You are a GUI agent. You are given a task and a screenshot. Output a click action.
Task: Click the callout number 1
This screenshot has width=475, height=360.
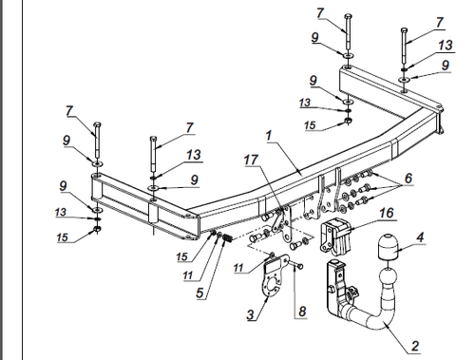(x=269, y=136)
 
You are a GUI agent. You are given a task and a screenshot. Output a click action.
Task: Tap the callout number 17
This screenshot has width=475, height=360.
(x=251, y=160)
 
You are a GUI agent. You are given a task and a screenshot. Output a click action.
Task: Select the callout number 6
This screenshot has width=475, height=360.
(x=408, y=179)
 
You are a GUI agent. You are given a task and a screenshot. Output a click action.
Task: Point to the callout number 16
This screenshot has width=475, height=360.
(x=387, y=213)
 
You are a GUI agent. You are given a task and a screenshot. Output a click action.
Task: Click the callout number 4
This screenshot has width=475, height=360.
(x=420, y=237)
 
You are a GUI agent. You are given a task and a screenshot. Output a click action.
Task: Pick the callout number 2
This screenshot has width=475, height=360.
(x=415, y=346)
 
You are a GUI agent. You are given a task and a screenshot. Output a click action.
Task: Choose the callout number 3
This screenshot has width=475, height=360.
(x=251, y=314)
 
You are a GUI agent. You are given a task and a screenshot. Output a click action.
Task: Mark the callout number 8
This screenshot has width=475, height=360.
(x=302, y=312)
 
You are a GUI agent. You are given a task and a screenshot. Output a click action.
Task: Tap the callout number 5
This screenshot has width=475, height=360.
(x=199, y=293)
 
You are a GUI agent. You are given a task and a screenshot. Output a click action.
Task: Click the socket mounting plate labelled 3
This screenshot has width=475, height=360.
(x=273, y=275)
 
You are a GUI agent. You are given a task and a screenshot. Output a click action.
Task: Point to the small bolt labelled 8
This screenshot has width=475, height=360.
(x=295, y=264)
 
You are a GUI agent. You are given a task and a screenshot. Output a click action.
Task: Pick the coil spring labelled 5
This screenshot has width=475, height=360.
(x=227, y=238)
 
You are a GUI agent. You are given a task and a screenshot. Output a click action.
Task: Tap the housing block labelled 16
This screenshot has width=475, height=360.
(x=335, y=236)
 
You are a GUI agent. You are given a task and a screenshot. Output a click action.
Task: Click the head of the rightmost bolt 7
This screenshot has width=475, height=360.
(x=404, y=30)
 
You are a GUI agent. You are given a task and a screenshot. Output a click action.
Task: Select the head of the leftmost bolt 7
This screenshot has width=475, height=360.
(x=98, y=123)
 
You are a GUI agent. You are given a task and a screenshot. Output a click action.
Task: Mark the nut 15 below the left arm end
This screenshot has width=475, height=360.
(x=97, y=229)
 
